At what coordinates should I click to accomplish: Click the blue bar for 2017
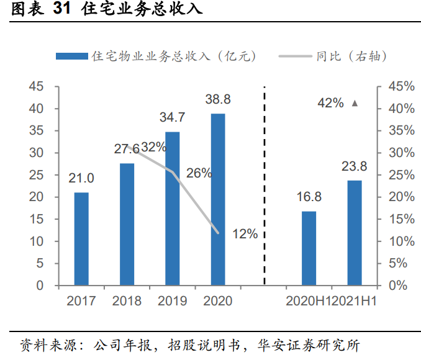pos(81,239)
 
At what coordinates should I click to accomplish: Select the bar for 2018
pos(127,224)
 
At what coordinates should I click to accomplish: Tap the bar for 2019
pos(172,209)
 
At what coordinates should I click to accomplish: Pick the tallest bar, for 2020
pos(217,199)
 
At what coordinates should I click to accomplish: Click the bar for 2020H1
pos(309,248)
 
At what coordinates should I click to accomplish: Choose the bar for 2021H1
pos(354,233)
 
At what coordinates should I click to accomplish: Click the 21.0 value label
pos(81,179)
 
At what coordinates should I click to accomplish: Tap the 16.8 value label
pos(309,197)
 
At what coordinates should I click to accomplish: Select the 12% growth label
pos(245,234)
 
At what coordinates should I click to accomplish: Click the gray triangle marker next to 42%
pos(355,104)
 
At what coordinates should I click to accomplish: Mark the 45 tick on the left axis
pos(36,86)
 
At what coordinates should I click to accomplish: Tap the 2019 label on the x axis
pos(172,301)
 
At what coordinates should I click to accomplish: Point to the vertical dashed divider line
pos(265,186)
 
